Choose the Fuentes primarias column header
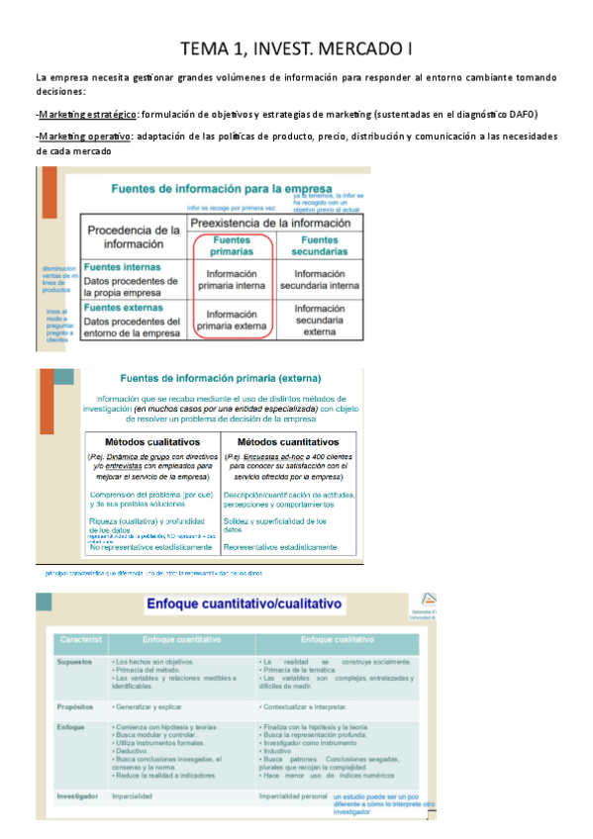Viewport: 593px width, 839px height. click(x=231, y=245)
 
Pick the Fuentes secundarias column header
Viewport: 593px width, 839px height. click(x=319, y=245)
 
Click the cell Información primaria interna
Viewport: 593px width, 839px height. click(x=231, y=279)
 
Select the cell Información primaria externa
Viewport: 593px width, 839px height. click(x=231, y=321)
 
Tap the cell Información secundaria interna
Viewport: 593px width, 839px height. click(x=319, y=279)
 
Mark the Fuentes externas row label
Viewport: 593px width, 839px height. click(x=123, y=308)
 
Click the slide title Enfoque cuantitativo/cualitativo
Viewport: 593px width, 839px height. click(x=245, y=603)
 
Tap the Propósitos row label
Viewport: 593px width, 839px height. click(x=76, y=708)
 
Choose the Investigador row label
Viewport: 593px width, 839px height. click(x=80, y=794)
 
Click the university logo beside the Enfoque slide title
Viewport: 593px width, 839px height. click(x=427, y=603)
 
